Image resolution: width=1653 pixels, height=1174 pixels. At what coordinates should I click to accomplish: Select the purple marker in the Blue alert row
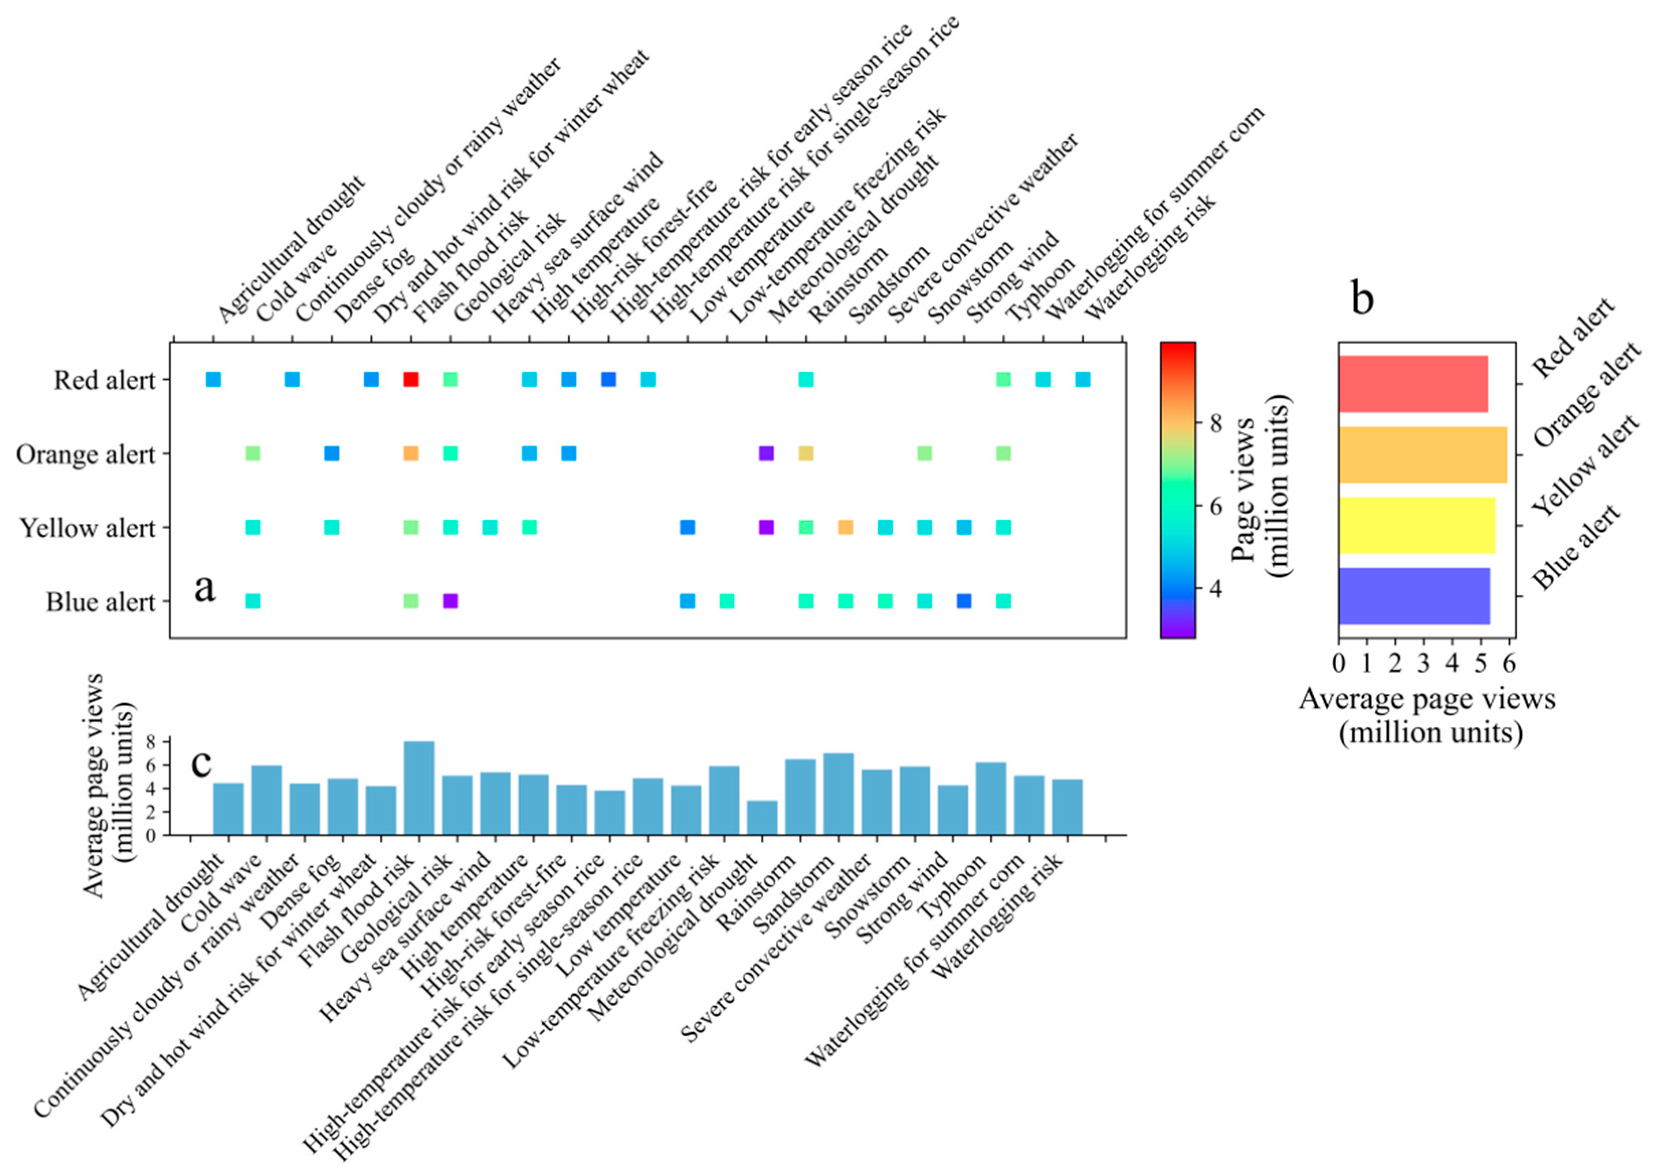click(x=450, y=601)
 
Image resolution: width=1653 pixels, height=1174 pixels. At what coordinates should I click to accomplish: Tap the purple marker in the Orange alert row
click(x=767, y=454)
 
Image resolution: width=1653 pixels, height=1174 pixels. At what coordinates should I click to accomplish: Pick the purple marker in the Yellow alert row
click(x=767, y=527)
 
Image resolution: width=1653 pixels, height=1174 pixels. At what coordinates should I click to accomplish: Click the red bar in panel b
click(x=1412, y=384)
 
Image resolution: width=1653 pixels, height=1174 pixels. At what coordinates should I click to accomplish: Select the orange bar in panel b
click(x=1422, y=455)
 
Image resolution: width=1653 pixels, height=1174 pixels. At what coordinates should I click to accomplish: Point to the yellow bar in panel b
click(x=1416, y=525)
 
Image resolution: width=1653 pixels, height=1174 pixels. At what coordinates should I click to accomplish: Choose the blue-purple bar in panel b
click(x=1413, y=596)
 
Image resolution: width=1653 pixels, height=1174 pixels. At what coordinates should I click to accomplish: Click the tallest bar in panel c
click(x=419, y=788)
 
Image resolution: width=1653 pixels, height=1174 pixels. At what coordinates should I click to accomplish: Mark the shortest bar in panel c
click(x=762, y=818)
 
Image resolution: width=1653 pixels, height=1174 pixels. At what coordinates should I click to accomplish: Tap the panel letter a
click(x=204, y=587)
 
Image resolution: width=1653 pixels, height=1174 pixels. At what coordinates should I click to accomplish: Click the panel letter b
click(x=1362, y=297)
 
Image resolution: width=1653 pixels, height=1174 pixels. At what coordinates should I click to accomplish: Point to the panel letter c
click(x=201, y=763)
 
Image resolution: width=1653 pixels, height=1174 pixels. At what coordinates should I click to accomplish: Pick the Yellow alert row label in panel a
click(x=87, y=528)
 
